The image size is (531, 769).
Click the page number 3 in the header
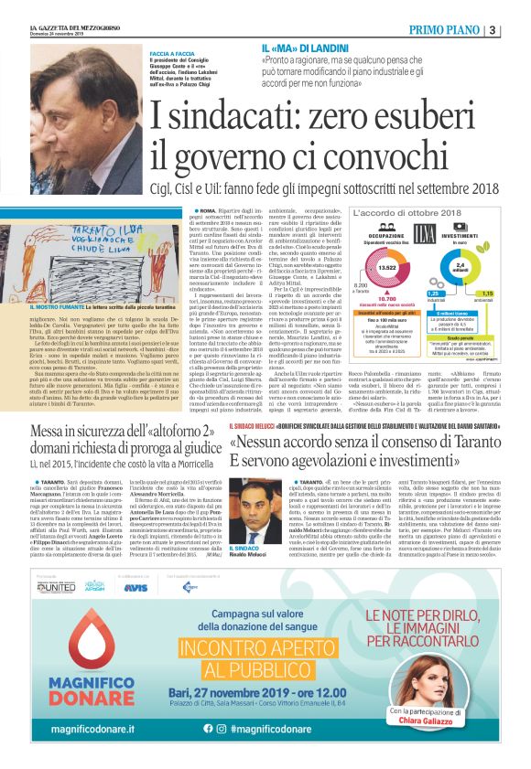point(518,28)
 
